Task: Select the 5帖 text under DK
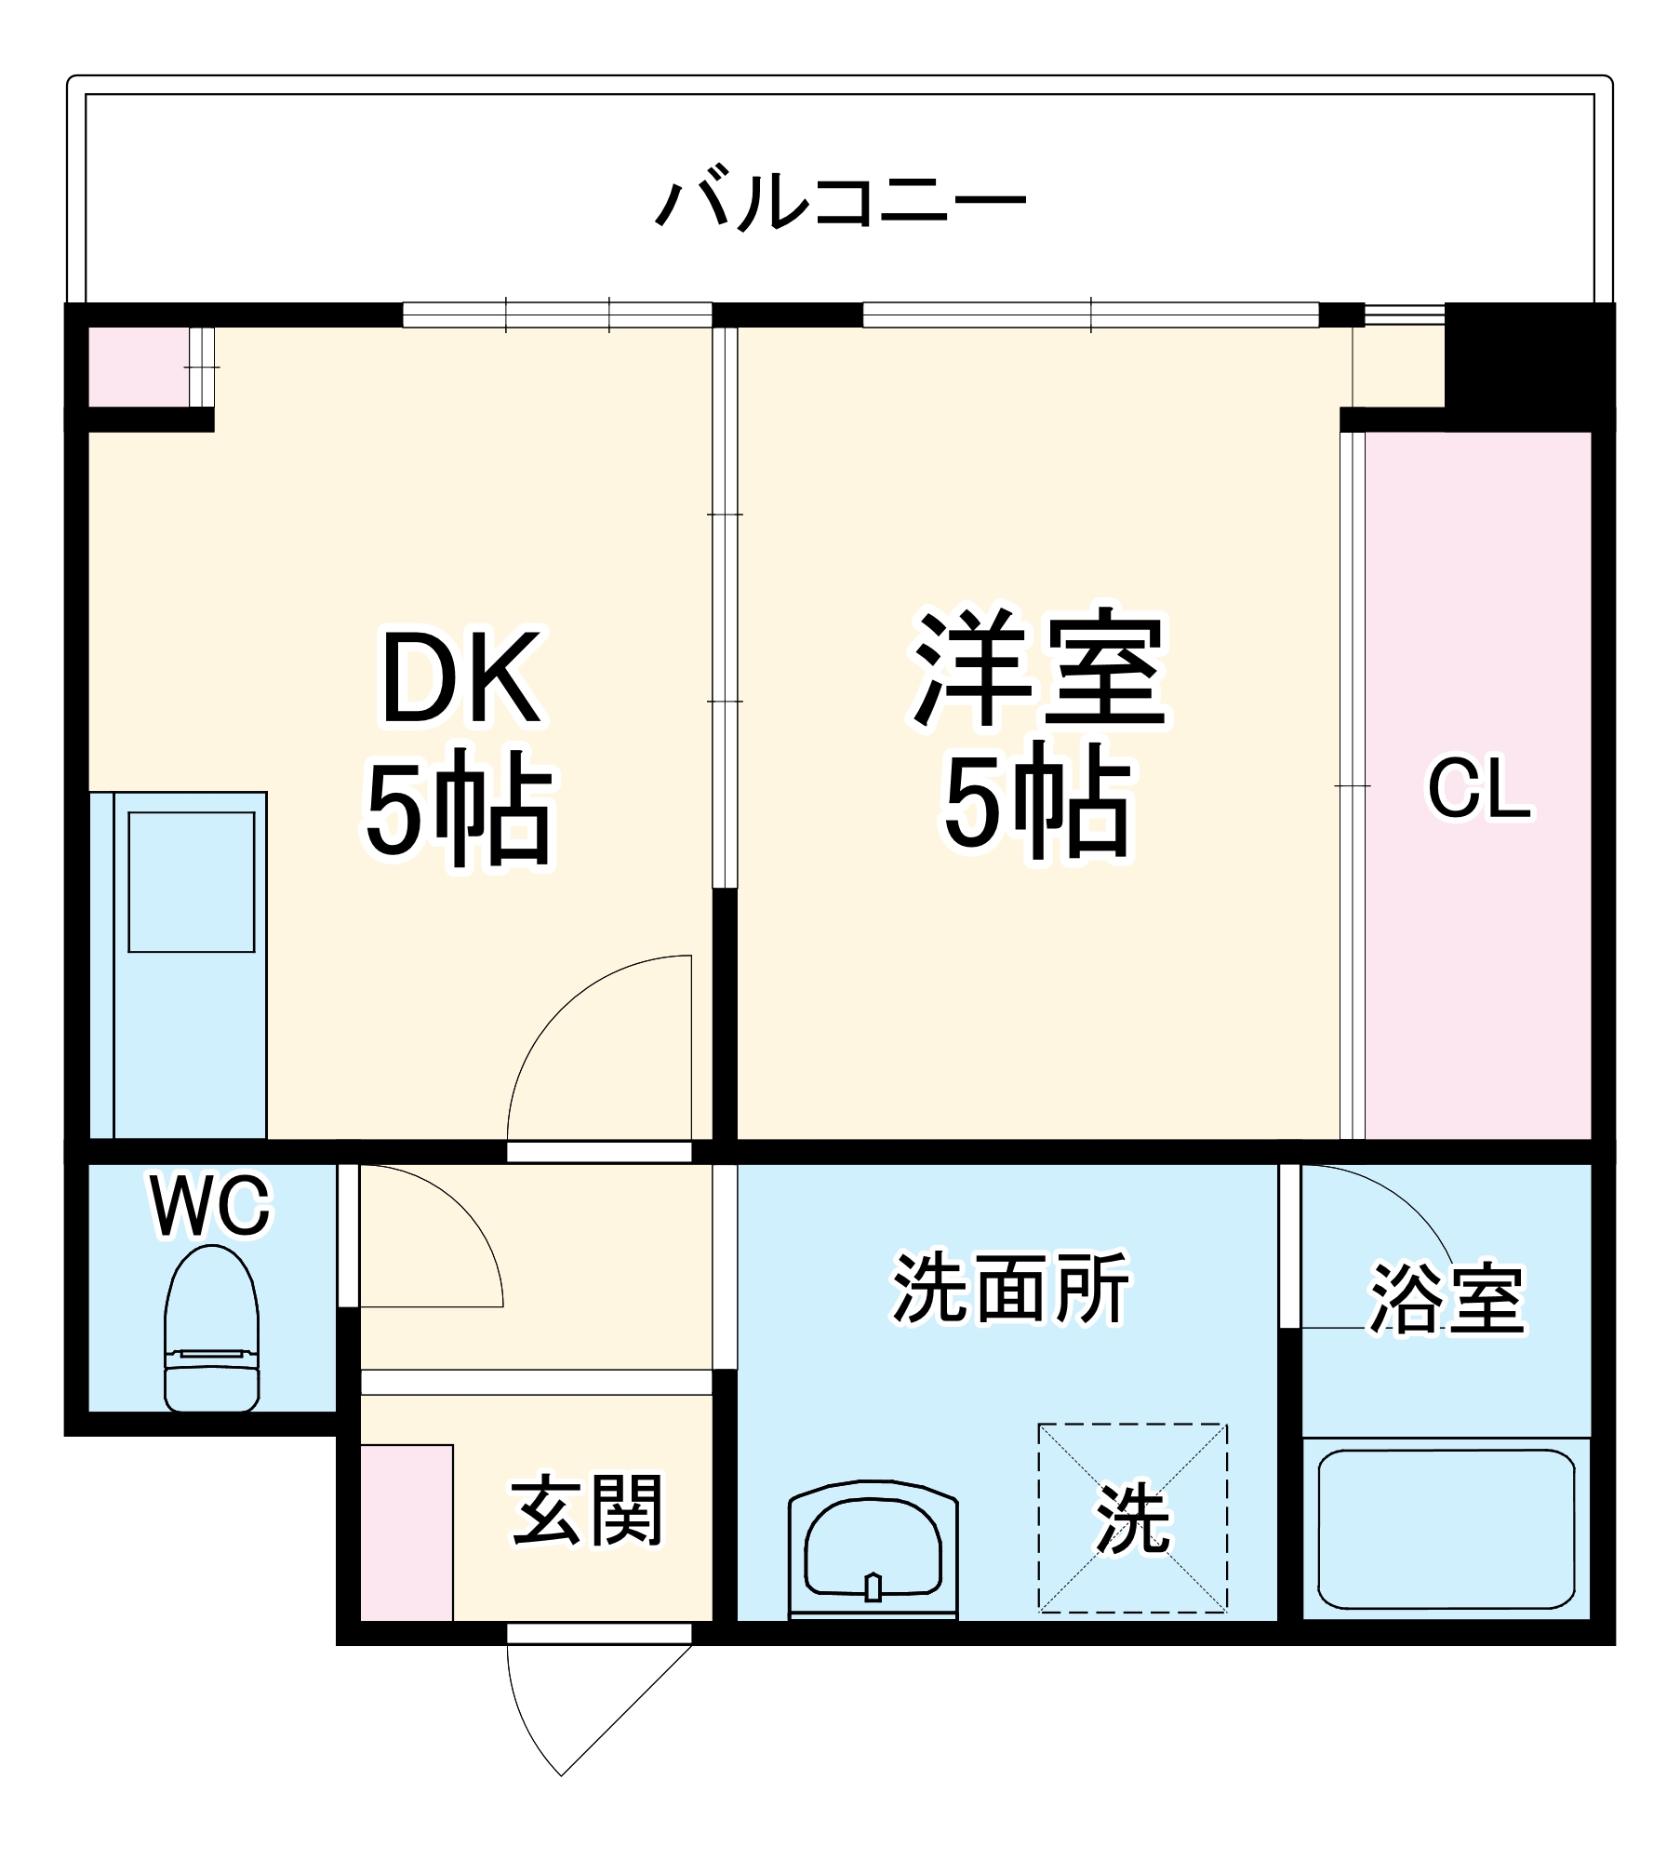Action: click(x=460, y=807)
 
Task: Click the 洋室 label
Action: click(x=1039, y=669)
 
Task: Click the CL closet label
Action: click(x=1478, y=790)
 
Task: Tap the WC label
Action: click(x=211, y=1206)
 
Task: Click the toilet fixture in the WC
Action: click(x=212, y=1330)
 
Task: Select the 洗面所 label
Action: click(x=1010, y=1289)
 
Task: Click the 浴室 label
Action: click(x=1447, y=1299)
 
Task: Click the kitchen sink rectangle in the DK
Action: click(x=192, y=882)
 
